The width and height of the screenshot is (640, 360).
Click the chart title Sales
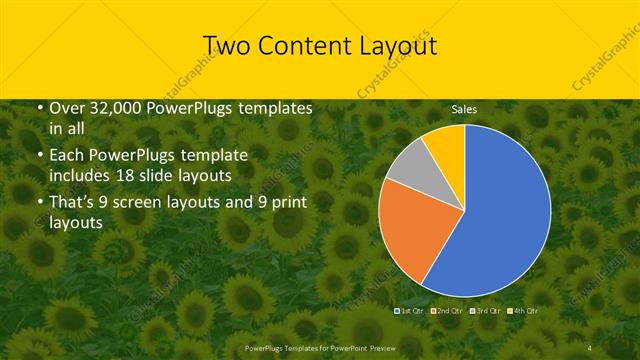(464, 108)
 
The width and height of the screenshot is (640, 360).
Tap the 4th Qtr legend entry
(526, 312)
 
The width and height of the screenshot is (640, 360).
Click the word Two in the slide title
(226, 47)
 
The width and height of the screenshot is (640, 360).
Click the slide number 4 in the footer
(590, 347)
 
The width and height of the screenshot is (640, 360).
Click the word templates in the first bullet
(276, 108)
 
